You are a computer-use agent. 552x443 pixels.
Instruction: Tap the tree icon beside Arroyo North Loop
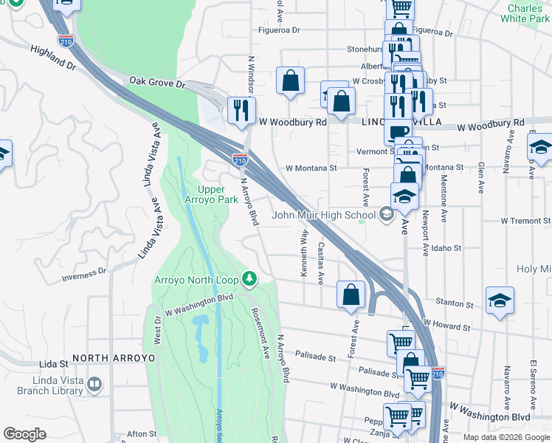(250, 278)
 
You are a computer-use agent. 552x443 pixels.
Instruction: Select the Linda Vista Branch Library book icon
(94, 384)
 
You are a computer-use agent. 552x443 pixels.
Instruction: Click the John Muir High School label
(324, 216)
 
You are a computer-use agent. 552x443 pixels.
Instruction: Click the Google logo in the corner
(24, 434)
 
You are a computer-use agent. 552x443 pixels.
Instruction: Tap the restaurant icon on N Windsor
(241, 110)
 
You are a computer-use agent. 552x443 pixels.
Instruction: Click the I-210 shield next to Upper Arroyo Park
(240, 159)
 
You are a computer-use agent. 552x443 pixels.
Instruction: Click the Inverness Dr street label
(84, 275)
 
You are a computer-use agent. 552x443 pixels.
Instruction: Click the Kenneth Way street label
(303, 253)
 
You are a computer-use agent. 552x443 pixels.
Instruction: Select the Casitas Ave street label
(320, 263)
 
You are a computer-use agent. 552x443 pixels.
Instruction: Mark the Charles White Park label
(525, 13)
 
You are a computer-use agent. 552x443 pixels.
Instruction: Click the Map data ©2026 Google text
(506, 437)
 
